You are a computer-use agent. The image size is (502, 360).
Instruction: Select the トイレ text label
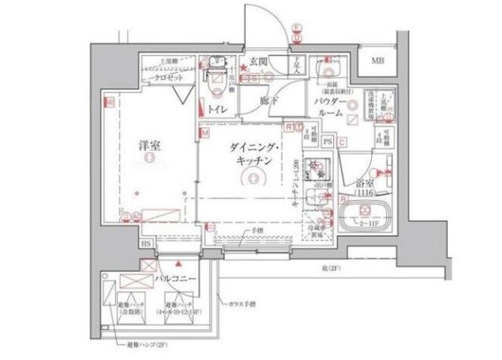(x=218, y=110)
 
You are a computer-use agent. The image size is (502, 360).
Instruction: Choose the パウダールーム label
(x=329, y=108)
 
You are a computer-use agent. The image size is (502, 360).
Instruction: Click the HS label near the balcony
(x=146, y=245)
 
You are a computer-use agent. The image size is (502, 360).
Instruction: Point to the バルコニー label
(x=174, y=278)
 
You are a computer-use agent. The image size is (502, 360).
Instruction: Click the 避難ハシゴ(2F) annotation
(x=143, y=344)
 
